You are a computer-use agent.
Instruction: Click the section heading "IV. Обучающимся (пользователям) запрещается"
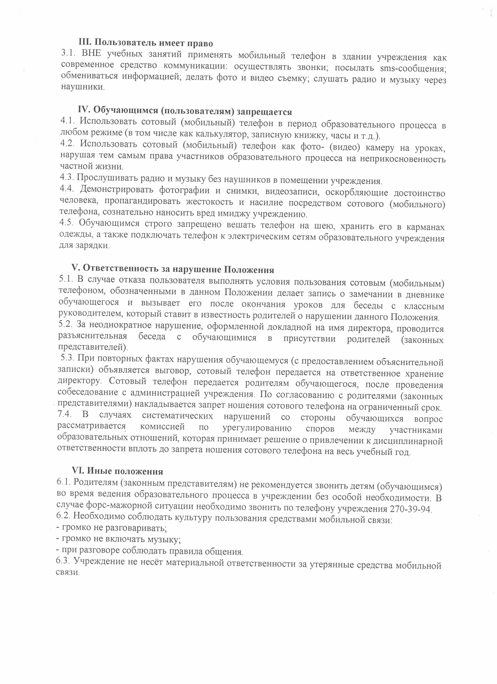185,111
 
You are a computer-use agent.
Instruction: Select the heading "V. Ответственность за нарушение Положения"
173,269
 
